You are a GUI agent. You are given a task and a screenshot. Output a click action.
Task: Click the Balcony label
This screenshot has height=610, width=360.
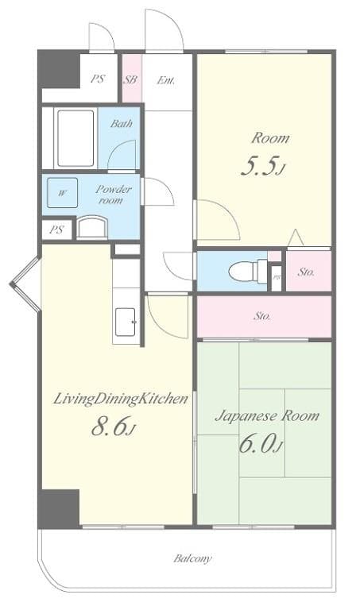193,558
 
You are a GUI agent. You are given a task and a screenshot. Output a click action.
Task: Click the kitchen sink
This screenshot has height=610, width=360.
126,320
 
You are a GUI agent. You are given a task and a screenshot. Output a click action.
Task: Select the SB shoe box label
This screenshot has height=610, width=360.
130,79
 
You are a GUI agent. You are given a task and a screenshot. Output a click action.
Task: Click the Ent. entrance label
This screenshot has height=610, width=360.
165,79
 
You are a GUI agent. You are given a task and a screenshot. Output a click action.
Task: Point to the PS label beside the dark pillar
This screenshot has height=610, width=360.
98,79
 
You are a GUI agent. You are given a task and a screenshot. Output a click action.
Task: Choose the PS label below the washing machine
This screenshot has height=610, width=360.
56,230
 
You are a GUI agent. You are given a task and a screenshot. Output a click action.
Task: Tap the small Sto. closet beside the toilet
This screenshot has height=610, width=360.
307,272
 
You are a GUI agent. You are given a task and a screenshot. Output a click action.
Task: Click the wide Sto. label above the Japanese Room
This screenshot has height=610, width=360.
262,315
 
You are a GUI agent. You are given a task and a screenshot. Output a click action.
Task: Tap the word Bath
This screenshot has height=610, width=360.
121,123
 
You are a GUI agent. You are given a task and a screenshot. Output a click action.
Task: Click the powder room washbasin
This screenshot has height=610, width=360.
91,227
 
